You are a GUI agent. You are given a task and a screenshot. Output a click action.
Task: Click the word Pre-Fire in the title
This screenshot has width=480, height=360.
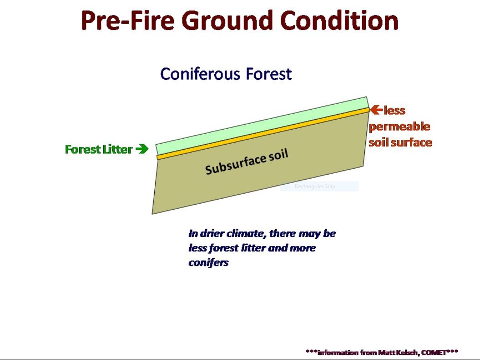click(x=128, y=20)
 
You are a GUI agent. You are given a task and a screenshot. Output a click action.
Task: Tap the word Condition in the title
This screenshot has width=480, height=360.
click(x=339, y=20)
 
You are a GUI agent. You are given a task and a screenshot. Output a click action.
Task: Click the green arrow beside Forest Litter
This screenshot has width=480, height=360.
click(x=142, y=149)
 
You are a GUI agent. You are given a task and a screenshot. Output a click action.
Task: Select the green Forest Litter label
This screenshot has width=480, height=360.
click(x=99, y=149)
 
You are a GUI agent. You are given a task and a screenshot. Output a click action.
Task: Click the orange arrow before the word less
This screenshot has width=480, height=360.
click(x=377, y=110)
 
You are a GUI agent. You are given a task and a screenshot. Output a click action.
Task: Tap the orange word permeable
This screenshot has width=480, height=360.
click(x=399, y=127)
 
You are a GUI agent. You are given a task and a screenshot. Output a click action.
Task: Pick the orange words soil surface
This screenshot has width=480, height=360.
click(x=400, y=142)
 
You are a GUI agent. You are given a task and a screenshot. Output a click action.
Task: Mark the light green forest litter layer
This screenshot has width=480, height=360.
click(x=262, y=126)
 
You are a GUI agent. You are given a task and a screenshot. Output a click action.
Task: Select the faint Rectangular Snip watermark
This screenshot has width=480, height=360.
click(x=315, y=186)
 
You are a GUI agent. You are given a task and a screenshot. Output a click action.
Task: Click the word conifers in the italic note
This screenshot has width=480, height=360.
click(x=208, y=262)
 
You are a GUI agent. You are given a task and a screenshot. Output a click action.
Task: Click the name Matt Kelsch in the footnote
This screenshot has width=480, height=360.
click(x=399, y=353)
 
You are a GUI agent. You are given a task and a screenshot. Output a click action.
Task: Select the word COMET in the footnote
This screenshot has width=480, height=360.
click(x=434, y=353)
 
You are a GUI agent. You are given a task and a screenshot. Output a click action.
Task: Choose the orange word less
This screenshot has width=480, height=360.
click(x=394, y=110)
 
